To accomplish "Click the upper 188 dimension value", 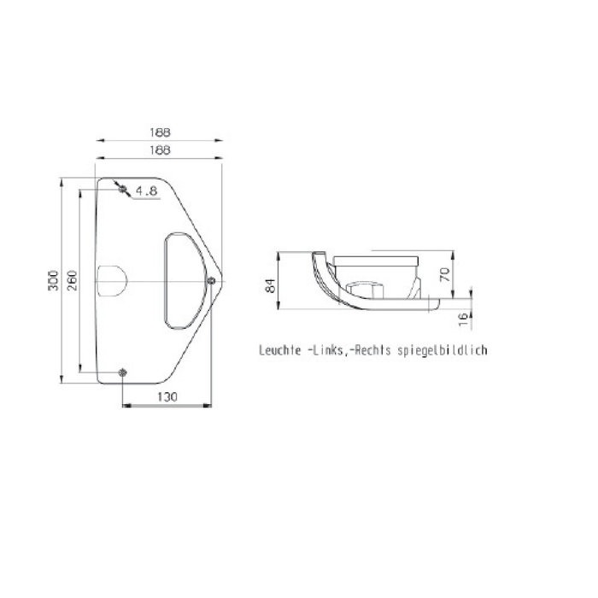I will pyautogui.click(x=159, y=132).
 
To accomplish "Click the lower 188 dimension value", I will pyautogui.click(x=159, y=149).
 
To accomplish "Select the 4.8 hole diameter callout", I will pyautogui.click(x=146, y=192).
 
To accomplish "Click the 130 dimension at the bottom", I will pyautogui.click(x=168, y=396).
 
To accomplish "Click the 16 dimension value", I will pyautogui.click(x=462, y=319).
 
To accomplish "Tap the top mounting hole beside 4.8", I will pyautogui.click(x=124, y=188).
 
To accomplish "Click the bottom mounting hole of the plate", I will pyautogui.click(x=124, y=372).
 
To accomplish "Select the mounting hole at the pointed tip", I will pyautogui.click(x=210, y=280).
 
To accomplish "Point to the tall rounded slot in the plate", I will pyautogui.click(x=181, y=280).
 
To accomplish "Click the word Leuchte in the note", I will pyautogui.click(x=278, y=350).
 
